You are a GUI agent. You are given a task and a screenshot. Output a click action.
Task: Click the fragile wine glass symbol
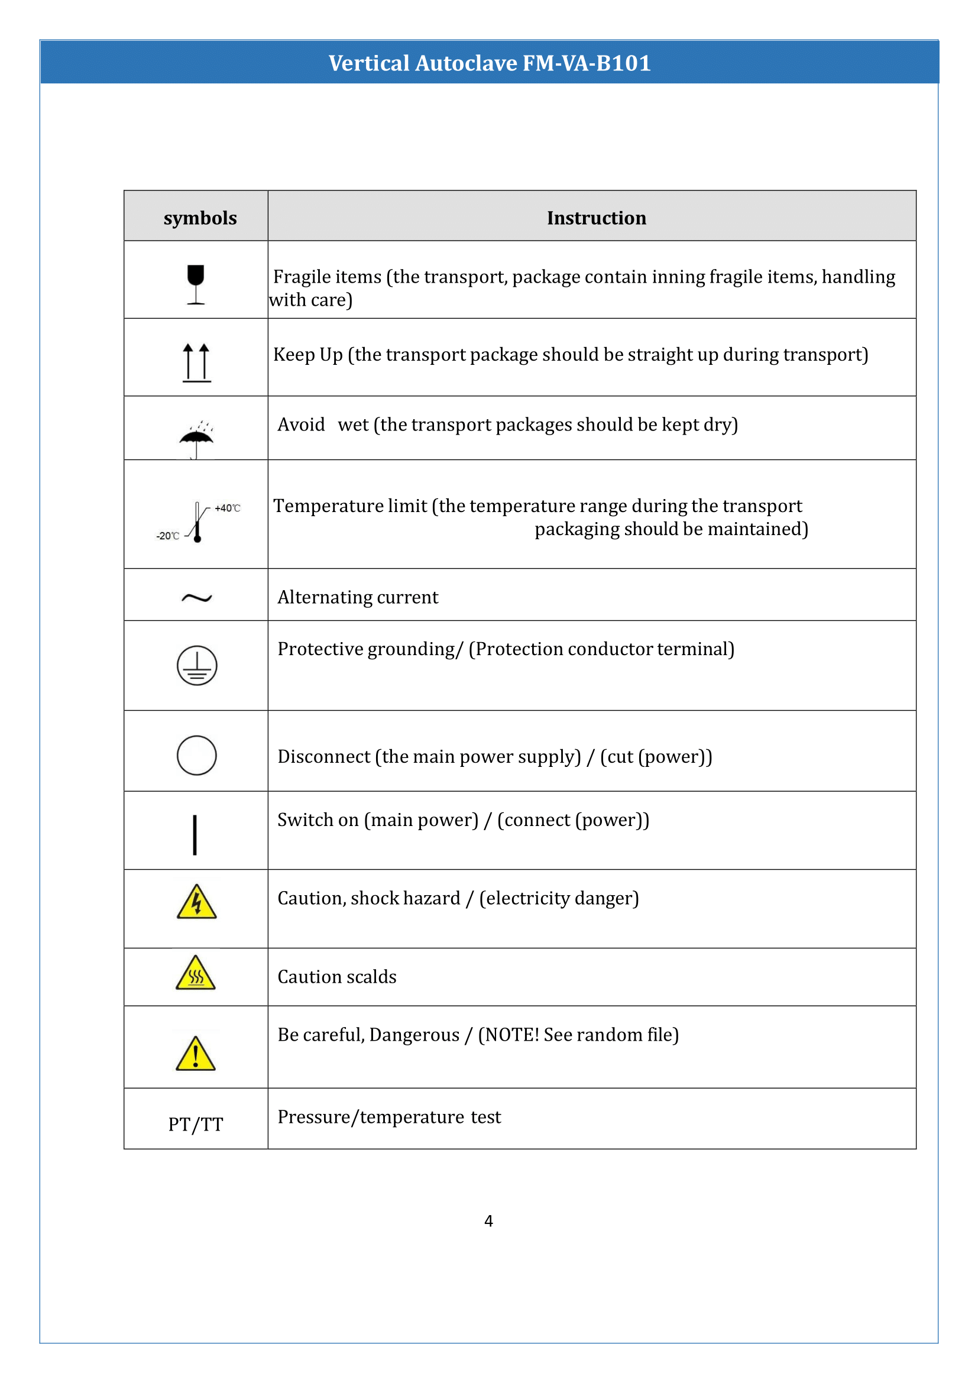tap(196, 284)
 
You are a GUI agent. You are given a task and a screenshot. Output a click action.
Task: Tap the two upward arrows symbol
tap(196, 362)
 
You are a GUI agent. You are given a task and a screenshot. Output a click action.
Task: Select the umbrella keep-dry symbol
tap(196, 440)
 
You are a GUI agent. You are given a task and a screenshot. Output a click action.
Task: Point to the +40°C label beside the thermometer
tap(227, 508)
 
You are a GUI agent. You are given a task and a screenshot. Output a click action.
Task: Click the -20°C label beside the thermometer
tap(168, 536)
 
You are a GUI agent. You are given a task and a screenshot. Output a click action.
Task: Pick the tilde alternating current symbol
tap(196, 598)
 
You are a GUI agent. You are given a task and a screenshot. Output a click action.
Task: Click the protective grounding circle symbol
tap(196, 666)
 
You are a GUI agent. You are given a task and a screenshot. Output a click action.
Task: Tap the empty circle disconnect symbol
tap(196, 754)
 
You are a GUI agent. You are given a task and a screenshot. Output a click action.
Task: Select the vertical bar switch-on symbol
tap(195, 835)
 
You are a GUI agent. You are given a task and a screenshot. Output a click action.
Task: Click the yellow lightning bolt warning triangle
tap(196, 903)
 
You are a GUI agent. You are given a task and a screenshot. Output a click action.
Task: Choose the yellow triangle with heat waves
tap(196, 973)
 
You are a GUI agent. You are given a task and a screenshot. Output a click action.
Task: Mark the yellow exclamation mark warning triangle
tap(196, 1055)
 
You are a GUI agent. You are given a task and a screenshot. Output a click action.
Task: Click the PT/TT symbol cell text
tap(196, 1124)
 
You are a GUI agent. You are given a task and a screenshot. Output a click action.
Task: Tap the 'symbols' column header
tap(200, 218)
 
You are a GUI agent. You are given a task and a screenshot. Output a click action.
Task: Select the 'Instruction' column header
tap(596, 218)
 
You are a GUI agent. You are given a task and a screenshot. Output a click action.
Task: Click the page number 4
tap(488, 1220)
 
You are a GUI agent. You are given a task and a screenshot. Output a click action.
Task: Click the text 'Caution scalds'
tap(336, 976)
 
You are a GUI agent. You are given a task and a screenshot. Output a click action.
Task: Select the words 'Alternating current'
tap(358, 597)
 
